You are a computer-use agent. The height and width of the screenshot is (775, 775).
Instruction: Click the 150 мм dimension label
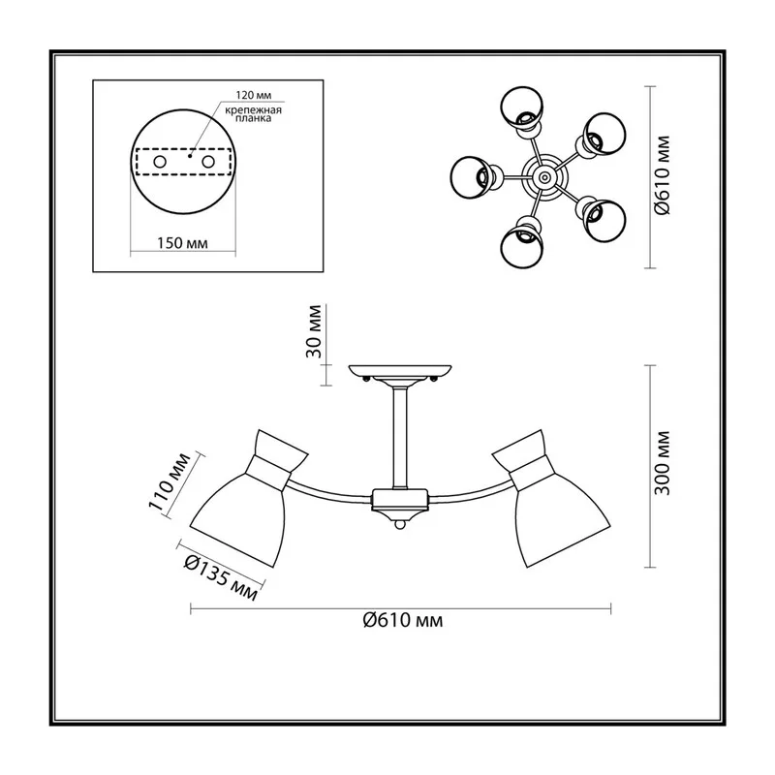click(x=182, y=243)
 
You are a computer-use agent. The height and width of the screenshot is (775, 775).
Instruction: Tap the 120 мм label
click(x=254, y=95)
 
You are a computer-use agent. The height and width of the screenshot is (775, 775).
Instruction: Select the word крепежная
click(x=254, y=110)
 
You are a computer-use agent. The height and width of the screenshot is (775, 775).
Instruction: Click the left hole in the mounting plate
click(x=160, y=162)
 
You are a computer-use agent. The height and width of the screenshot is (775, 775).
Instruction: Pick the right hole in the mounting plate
click(x=208, y=162)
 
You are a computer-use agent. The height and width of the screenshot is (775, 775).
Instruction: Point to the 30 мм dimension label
click(x=314, y=331)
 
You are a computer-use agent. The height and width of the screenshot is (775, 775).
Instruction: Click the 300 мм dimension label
click(x=662, y=463)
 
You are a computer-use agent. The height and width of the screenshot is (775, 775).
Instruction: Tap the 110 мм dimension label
click(x=169, y=480)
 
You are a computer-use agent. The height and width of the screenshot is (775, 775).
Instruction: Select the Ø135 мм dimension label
click(x=221, y=577)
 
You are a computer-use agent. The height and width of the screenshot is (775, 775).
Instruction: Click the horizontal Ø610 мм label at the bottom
click(x=403, y=620)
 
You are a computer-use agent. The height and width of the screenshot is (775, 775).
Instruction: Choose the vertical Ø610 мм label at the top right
click(x=662, y=175)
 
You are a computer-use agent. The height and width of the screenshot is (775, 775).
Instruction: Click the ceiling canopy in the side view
click(x=400, y=373)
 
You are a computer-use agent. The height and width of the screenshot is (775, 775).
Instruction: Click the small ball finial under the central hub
click(x=400, y=524)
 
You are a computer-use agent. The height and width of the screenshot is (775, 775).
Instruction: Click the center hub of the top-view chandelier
click(x=544, y=176)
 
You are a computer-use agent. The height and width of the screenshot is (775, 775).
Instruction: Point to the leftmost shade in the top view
click(x=473, y=177)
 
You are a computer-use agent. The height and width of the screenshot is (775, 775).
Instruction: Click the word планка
click(x=254, y=119)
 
